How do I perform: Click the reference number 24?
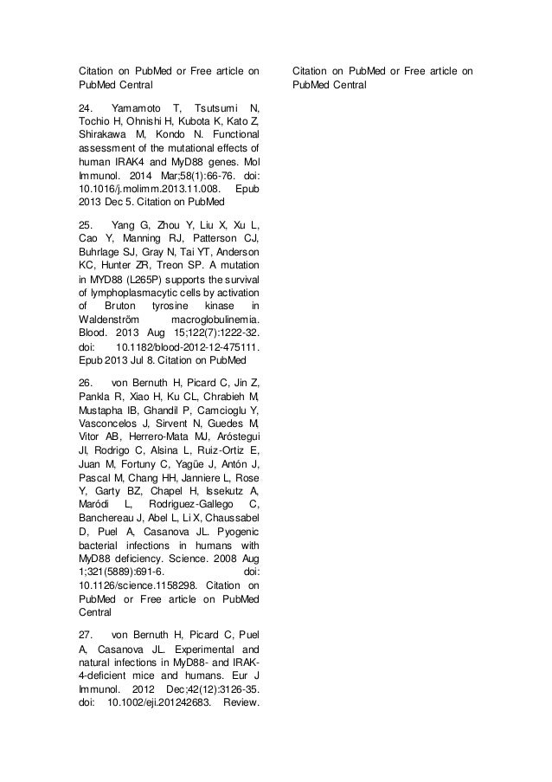click(85, 106)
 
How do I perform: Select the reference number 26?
click(85, 383)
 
